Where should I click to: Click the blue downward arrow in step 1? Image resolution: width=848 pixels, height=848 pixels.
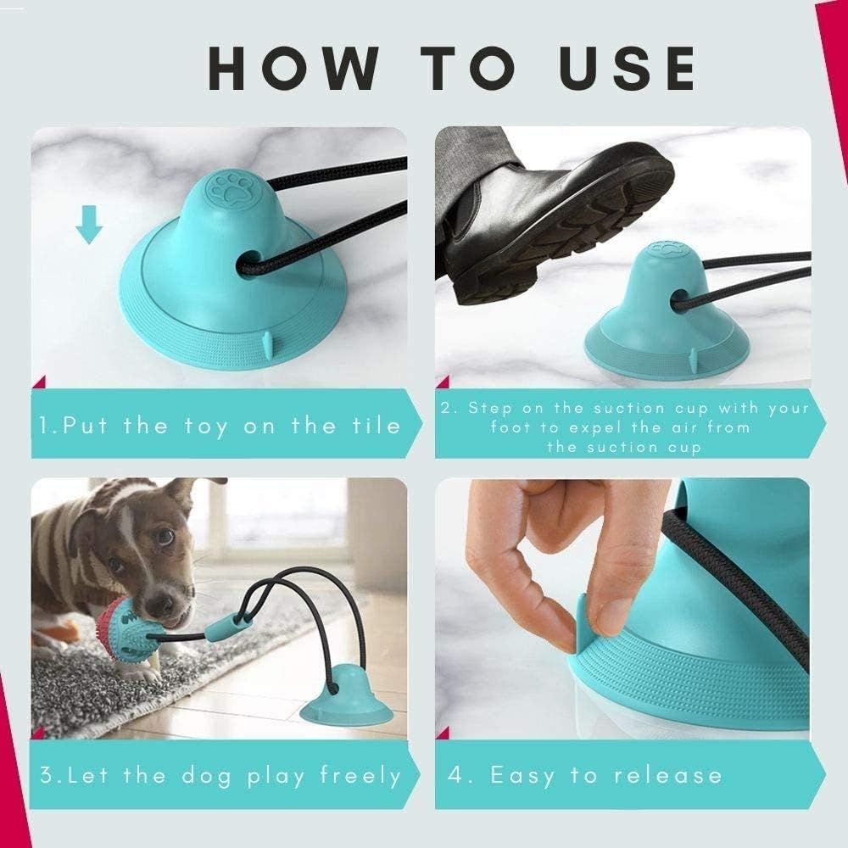pyautogui.click(x=89, y=225)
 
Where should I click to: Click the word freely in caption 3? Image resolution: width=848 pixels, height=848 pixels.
pyautogui.click(x=360, y=775)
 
